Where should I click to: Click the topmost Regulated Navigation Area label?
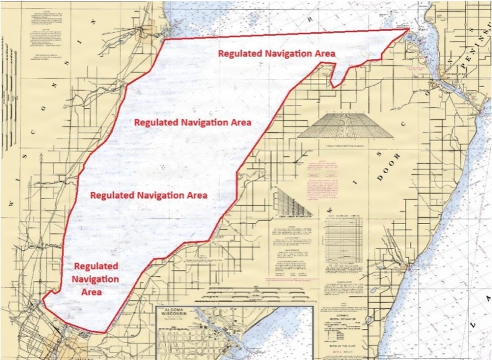(x=276, y=53)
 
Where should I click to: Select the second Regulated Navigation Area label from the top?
(x=193, y=122)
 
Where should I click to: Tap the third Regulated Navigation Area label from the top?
(x=148, y=194)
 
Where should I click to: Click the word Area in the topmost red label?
(x=323, y=53)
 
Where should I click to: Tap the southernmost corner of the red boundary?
(x=104, y=331)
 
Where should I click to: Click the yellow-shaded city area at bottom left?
(x=71, y=344)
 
